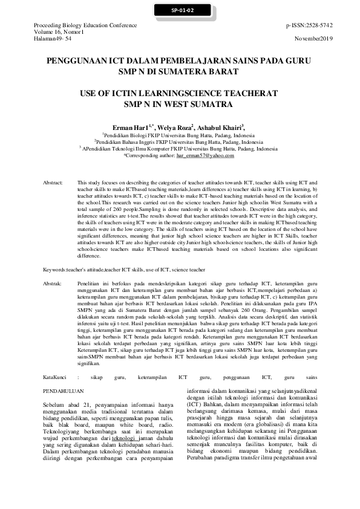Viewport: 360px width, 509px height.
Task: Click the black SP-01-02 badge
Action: (x=180, y=10)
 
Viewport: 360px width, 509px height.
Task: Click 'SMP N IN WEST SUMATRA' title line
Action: (x=179, y=104)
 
